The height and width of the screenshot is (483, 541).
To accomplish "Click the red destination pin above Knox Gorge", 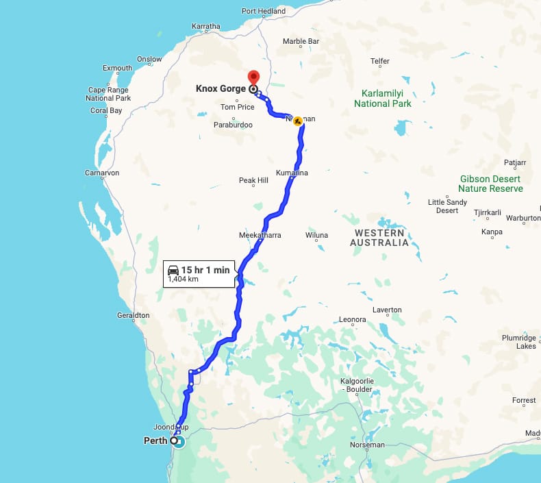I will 253,77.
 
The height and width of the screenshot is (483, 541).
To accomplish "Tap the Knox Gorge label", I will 221,88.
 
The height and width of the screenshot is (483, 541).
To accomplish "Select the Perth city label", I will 155,441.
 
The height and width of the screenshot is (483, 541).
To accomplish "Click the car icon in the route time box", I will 173,270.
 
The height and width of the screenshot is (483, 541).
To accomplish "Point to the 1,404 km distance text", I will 182,280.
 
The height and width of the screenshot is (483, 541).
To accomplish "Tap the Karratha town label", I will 206,27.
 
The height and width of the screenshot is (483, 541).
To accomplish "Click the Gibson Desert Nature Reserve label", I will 490,184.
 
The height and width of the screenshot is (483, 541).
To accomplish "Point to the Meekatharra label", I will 260,235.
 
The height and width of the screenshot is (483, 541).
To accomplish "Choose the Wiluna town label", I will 316,235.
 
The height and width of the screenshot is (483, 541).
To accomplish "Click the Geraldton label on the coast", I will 133,316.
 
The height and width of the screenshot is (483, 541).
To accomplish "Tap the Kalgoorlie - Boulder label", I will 356,385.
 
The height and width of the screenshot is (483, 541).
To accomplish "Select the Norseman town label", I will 367,445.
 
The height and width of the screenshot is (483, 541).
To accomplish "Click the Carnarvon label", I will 102,173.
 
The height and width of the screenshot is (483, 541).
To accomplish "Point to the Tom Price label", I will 238,107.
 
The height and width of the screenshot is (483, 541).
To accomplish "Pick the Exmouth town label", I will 117,68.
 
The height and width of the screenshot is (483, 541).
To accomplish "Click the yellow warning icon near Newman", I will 298,121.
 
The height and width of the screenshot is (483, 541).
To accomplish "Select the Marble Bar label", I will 301,41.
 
